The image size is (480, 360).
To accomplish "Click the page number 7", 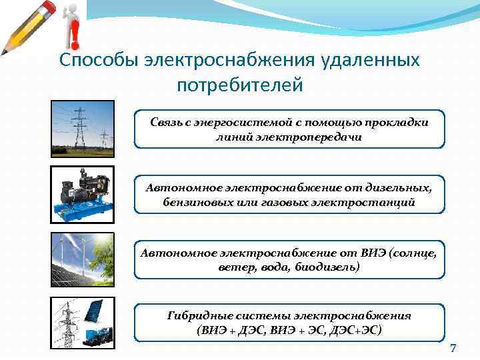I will click(453, 349).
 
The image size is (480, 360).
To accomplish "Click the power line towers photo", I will click(82, 128).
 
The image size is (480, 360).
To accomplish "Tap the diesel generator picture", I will click(82, 194).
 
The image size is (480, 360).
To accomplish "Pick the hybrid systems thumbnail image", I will click(82, 323).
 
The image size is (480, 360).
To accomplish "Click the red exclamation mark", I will click(73, 29).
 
